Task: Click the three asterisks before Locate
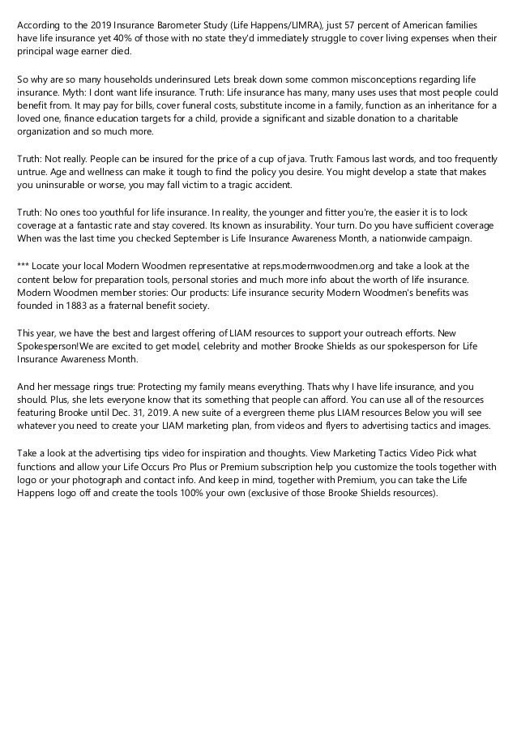pos(23,265)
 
